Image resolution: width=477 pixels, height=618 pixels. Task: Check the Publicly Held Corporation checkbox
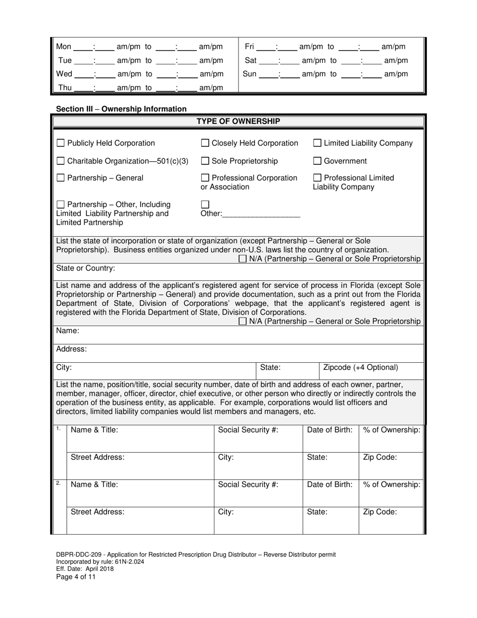pos(60,143)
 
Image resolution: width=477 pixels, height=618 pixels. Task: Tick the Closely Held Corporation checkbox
pos(205,143)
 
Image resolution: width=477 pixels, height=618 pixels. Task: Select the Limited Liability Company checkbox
pos(317,143)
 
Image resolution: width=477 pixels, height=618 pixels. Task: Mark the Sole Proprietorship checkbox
pos(205,161)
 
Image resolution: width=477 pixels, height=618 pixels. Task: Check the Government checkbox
pos(317,161)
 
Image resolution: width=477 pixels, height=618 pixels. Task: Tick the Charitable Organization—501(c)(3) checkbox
pos(60,161)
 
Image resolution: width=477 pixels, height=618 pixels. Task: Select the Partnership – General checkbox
pos(60,178)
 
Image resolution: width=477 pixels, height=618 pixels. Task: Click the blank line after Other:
pos(261,214)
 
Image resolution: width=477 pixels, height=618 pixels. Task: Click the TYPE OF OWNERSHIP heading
pos(238,121)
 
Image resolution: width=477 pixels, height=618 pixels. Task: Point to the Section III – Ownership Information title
pos(121,109)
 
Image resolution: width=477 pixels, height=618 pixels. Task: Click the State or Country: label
pos(85,268)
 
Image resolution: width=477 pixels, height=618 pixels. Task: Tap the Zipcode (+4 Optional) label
pos(361,367)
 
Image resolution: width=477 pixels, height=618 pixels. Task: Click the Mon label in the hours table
pos(64,47)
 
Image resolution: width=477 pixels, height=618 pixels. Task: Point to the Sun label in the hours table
pos(250,74)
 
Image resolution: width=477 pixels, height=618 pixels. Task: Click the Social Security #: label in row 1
pos(248,430)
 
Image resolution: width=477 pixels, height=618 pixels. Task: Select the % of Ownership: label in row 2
pos(392,485)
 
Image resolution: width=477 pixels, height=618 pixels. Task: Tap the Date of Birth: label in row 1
pos(330,430)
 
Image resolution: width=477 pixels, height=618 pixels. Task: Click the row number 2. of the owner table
pos(58,483)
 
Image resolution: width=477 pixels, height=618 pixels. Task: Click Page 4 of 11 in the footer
pos(76,577)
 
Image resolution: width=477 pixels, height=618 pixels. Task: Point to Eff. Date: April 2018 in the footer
pos(85,569)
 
